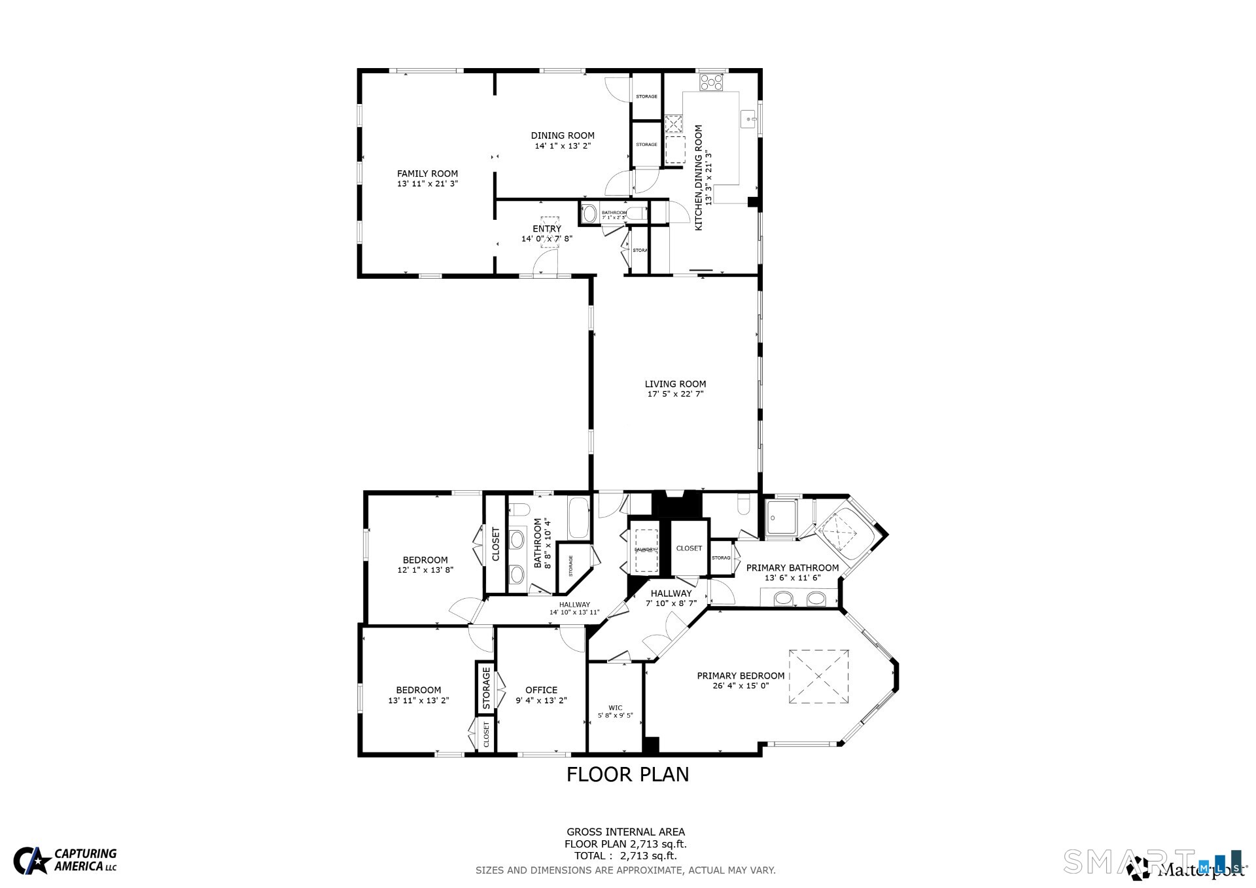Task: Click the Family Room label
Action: pyautogui.click(x=427, y=173)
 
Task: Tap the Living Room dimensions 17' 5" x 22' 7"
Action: pyautogui.click(x=675, y=394)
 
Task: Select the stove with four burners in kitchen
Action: pyautogui.click(x=712, y=82)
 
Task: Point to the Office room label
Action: pyautogui.click(x=541, y=690)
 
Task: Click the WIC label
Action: pyautogui.click(x=615, y=707)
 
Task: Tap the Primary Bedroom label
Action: pyautogui.click(x=740, y=676)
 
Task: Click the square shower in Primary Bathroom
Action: pyautogui.click(x=781, y=518)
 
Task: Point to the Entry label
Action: pyautogui.click(x=547, y=228)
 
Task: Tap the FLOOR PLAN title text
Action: pyautogui.click(x=627, y=774)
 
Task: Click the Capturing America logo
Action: pyautogui.click(x=65, y=860)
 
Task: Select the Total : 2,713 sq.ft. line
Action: pyautogui.click(x=625, y=855)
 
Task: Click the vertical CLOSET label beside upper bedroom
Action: pyautogui.click(x=495, y=544)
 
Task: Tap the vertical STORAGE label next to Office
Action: pyautogui.click(x=486, y=688)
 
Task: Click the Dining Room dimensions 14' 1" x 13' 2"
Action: pyautogui.click(x=563, y=146)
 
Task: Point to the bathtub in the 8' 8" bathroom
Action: pyautogui.click(x=578, y=518)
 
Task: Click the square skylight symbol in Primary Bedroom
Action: pyautogui.click(x=818, y=677)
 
